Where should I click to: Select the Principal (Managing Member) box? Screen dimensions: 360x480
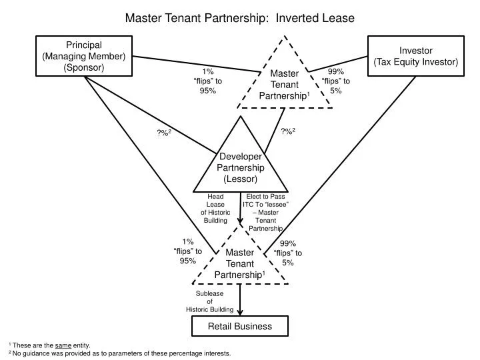(84, 56)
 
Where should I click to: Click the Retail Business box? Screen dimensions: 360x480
(240, 326)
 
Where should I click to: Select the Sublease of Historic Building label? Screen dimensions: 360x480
(209, 301)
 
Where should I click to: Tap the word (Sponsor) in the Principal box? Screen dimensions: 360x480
(84, 67)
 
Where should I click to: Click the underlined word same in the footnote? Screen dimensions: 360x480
(63, 345)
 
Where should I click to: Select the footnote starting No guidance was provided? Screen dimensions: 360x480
(120, 353)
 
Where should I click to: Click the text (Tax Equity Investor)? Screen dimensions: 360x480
(415, 62)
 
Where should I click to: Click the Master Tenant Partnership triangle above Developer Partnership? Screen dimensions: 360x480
(287, 84)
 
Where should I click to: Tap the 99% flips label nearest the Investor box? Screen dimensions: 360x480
(335, 81)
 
